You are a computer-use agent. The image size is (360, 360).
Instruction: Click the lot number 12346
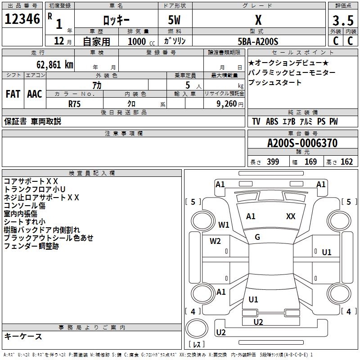(x=22, y=19)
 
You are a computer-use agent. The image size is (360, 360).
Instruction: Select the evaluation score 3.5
(x=343, y=21)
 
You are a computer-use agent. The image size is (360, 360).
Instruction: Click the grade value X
(x=258, y=20)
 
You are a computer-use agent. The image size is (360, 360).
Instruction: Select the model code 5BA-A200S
(x=258, y=41)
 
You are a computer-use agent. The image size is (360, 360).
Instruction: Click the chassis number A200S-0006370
(x=302, y=144)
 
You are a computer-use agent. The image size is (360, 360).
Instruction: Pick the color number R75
(x=75, y=103)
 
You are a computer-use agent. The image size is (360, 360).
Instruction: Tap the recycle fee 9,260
(x=226, y=104)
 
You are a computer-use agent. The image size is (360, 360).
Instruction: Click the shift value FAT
(x=13, y=94)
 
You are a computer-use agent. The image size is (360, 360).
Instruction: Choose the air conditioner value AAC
(x=35, y=94)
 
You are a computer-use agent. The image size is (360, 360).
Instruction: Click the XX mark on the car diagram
(x=291, y=216)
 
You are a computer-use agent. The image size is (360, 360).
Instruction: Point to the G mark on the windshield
(x=257, y=237)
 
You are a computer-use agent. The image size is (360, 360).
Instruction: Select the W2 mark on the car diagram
(x=215, y=241)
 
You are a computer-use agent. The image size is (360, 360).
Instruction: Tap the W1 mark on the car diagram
(x=224, y=225)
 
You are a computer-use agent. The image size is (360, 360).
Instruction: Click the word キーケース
(x=23, y=336)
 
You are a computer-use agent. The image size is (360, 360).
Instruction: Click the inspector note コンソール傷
(x=25, y=206)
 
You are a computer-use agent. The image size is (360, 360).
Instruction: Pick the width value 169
(x=310, y=162)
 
